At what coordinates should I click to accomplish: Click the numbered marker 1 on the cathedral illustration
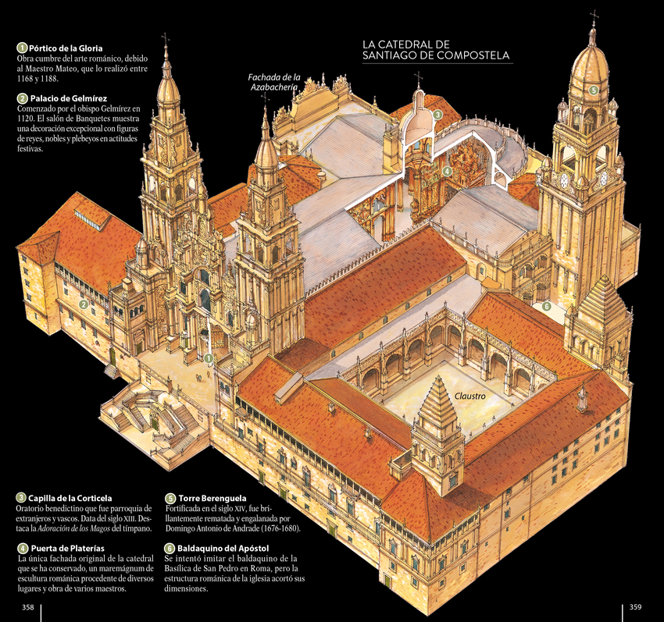pyautogui.click(x=209, y=359)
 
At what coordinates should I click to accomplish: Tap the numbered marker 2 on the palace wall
pyautogui.click(x=84, y=304)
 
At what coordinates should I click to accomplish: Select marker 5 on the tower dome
pyautogui.click(x=593, y=90)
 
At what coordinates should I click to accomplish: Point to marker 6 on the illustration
pyautogui.click(x=546, y=306)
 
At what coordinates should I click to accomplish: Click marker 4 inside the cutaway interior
pyautogui.click(x=447, y=171)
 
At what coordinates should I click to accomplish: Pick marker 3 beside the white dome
pyautogui.click(x=437, y=114)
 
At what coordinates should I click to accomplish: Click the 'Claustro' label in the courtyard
pyautogui.click(x=470, y=396)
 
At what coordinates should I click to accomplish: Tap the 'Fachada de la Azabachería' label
pyautogui.click(x=274, y=82)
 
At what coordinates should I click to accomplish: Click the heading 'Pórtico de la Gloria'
pyautogui.click(x=66, y=48)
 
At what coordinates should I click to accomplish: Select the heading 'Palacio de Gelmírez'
pyautogui.click(x=69, y=98)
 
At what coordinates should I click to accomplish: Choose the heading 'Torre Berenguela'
pyautogui.click(x=212, y=498)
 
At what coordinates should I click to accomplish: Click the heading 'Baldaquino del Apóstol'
pyautogui.click(x=223, y=549)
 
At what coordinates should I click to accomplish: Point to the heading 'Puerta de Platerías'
pyautogui.click(x=68, y=549)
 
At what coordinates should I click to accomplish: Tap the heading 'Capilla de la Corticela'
pyautogui.click(x=70, y=498)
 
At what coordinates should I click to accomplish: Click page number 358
pyautogui.click(x=28, y=607)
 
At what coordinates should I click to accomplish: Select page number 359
pyautogui.click(x=635, y=606)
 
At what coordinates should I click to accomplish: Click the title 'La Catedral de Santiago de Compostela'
pyautogui.click(x=436, y=50)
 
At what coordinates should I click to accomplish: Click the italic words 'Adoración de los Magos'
pyautogui.click(x=73, y=528)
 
